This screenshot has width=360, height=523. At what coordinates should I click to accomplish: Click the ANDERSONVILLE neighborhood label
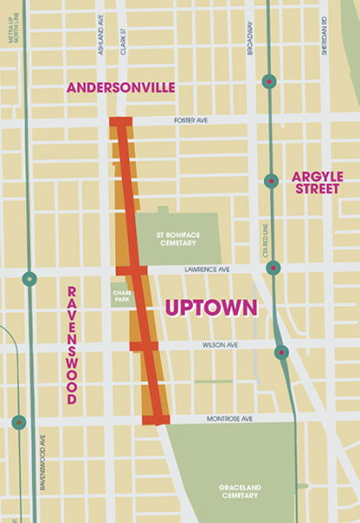click(121, 87)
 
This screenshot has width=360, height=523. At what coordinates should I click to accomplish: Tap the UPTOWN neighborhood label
click(211, 308)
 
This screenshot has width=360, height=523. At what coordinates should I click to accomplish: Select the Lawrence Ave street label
click(210, 271)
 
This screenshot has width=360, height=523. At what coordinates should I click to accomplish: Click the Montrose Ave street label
click(233, 418)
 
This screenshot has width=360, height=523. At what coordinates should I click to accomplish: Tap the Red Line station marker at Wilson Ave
click(282, 352)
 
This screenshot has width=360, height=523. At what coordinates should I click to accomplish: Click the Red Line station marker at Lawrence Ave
click(273, 268)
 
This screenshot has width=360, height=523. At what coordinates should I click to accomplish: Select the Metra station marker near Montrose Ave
click(19, 422)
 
